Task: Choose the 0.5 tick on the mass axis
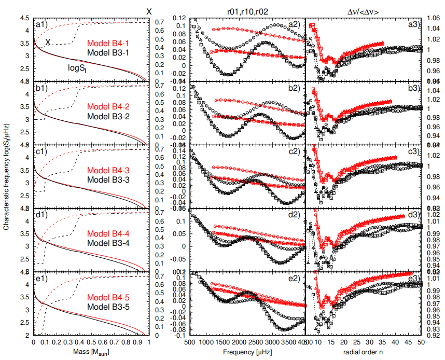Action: (x=91, y=343)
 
